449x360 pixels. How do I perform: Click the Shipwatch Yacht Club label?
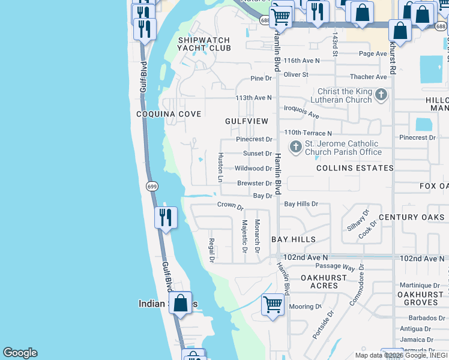tap(204, 44)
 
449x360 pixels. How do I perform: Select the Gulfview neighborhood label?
tap(247, 121)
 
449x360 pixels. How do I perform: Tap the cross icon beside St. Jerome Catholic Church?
tap(295, 146)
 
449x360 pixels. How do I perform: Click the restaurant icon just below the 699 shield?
tap(166, 217)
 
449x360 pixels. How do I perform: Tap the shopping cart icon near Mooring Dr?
tap(273, 304)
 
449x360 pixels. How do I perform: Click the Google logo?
tap(20, 353)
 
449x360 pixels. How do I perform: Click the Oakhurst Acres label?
tap(324, 282)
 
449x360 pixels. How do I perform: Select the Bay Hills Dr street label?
tap(301, 205)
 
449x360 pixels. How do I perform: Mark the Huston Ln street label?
tap(220, 167)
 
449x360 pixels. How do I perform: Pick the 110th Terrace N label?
tap(308, 133)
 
